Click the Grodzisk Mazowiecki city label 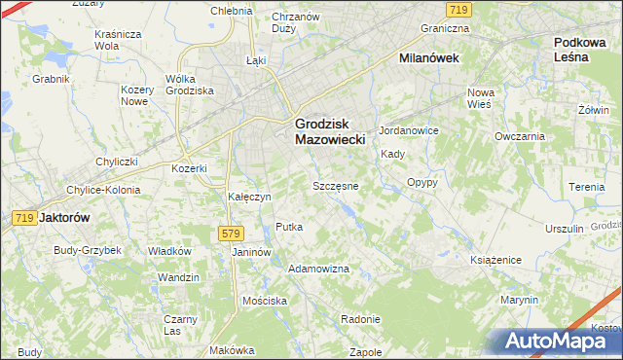click(x=329, y=131)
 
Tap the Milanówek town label click(x=429, y=58)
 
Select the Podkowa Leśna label click(x=586, y=50)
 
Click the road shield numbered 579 click(x=230, y=234)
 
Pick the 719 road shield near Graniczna click(x=461, y=9)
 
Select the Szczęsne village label click(x=336, y=185)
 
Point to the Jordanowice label click(x=409, y=130)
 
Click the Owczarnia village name click(x=519, y=136)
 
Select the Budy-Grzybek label click(x=88, y=250)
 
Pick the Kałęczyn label click(x=248, y=196)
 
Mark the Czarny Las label click(x=181, y=325)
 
